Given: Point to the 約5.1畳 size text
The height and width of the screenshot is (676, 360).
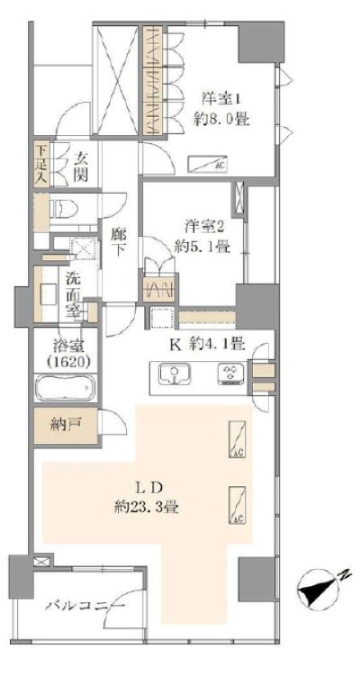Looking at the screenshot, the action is pyautogui.click(x=202, y=247).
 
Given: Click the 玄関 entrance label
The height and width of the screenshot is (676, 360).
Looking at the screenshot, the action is pyautogui.click(x=81, y=166).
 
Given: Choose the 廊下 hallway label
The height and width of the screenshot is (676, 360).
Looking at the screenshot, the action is pyautogui.click(x=117, y=242).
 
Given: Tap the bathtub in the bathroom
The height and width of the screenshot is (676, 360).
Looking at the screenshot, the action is pyautogui.click(x=65, y=389).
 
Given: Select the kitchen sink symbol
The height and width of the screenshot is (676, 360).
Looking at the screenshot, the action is pyautogui.click(x=175, y=374).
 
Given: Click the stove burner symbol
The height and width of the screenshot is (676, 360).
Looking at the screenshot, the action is pyautogui.click(x=231, y=374).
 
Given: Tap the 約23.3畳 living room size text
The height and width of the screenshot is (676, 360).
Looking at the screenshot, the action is pyautogui.click(x=147, y=507).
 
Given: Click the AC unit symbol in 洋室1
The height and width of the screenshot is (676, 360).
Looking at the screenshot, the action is pyautogui.click(x=207, y=164).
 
